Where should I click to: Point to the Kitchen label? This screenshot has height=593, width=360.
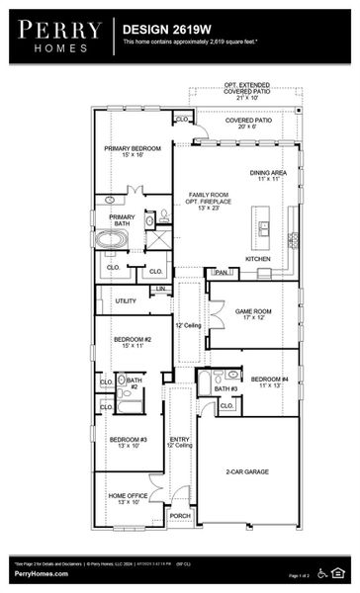click(x=257, y=259)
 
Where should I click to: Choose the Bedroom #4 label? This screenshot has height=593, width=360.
click(x=269, y=380)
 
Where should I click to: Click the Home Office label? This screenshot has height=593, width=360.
click(x=128, y=496)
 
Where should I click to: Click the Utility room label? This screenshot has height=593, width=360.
click(x=126, y=300)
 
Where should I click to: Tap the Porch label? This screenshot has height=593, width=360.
click(x=179, y=515)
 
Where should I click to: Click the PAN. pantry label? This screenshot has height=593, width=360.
click(x=221, y=272)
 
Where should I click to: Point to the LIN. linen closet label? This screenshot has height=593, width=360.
click(x=161, y=289)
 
